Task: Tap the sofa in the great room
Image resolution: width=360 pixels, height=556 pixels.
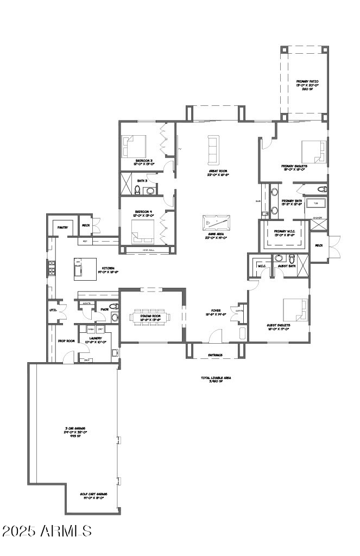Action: point(212,149)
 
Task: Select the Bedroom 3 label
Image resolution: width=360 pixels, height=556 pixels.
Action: point(144,162)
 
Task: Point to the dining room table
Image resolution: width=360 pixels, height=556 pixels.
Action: point(150,317)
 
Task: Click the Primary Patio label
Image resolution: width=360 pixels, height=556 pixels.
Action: point(307,85)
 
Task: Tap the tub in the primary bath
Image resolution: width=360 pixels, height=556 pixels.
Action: point(315,203)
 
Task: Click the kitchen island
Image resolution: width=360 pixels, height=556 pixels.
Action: point(85,268)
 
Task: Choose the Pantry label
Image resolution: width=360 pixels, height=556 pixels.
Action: point(63,228)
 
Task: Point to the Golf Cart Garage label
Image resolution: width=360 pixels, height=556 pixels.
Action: point(93,495)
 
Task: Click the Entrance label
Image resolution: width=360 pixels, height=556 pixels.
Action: point(216,355)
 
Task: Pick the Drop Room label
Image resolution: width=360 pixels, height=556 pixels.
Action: point(66,341)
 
